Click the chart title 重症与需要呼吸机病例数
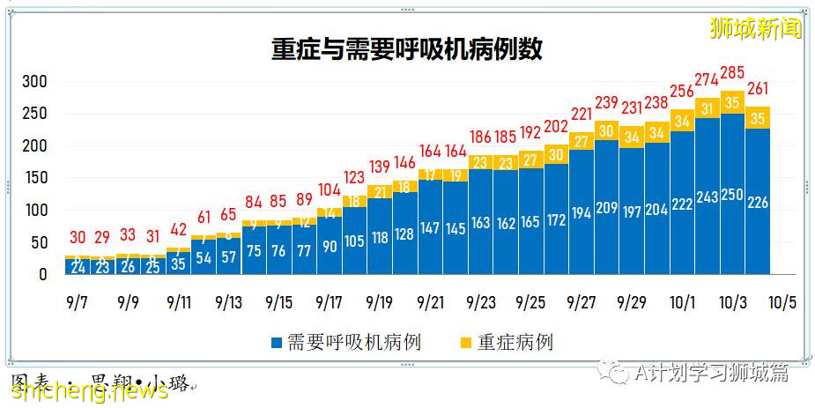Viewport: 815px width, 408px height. [406, 49]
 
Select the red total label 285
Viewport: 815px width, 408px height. [731, 72]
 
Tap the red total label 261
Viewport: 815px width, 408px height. [757, 88]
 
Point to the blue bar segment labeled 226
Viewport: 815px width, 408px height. [757, 203]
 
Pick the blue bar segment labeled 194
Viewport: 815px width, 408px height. [581, 213]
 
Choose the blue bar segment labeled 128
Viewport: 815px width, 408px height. [404, 234]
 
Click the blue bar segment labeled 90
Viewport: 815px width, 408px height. [329, 246]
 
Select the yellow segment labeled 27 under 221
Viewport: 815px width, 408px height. [581, 140]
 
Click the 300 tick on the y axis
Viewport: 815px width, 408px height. [34, 82]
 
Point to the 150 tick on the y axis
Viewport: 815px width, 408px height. [34, 178]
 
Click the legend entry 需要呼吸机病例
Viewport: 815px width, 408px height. [345, 342]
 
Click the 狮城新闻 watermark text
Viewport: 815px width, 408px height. [755, 28]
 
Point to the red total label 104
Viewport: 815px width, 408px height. [329, 189]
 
